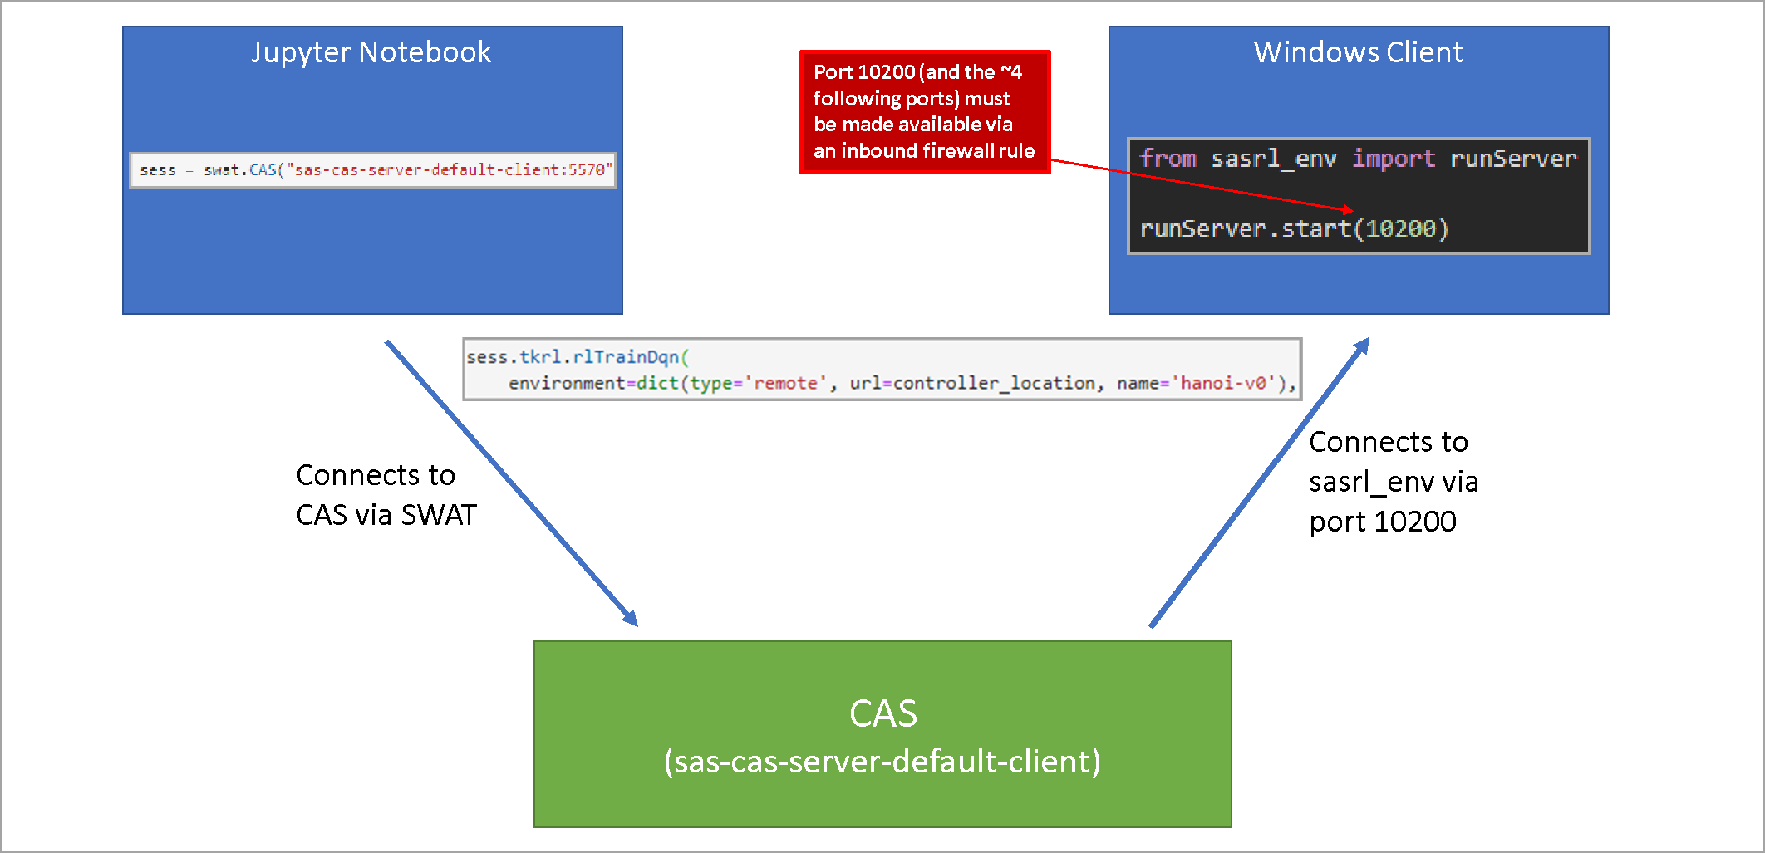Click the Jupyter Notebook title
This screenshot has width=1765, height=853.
pos(371,52)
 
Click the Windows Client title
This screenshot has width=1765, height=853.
pos(1358,52)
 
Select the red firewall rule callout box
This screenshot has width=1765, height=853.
pos(924,112)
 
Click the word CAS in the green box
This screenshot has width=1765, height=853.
pos(882,713)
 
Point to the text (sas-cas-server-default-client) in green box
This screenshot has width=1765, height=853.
pos(882,761)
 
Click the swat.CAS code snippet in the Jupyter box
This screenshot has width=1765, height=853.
pos(372,170)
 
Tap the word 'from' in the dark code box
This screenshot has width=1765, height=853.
pos(1168,159)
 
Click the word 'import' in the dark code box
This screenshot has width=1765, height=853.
pos(1393,159)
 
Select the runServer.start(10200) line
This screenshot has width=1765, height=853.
pos(1294,228)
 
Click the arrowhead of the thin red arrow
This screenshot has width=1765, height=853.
pos(1348,210)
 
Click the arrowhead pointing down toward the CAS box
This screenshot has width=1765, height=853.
pos(631,619)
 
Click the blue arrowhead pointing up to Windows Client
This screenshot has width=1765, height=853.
pos(1362,346)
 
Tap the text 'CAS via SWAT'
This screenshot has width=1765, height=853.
pos(386,515)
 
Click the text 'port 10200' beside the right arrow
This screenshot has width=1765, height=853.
pos(1382,522)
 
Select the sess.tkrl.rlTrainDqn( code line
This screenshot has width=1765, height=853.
pos(577,357)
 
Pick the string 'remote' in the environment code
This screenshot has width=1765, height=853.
pos(785,383)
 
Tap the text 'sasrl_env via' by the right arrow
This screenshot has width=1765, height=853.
pos(1393,482)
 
